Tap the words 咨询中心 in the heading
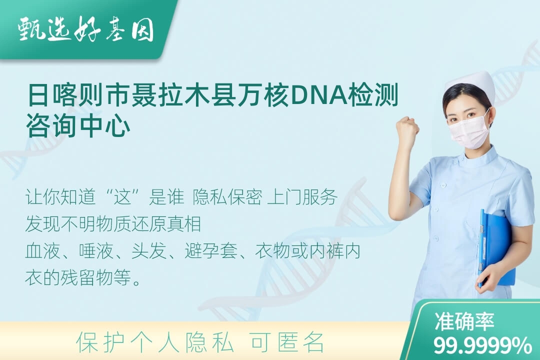78,125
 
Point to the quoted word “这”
123,197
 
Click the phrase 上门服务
302,197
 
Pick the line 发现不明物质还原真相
113,224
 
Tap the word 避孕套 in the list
211,251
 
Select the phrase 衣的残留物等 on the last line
78,277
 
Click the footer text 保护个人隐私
154,342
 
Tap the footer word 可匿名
287,342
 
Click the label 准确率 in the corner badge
464,322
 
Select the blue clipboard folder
495,248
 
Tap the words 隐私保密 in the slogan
227,197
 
